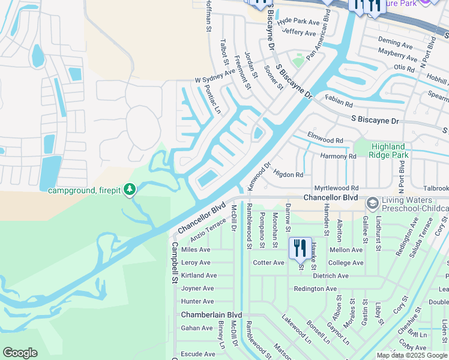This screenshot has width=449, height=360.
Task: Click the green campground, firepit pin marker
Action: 130,190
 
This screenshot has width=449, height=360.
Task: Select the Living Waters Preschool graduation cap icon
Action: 372,204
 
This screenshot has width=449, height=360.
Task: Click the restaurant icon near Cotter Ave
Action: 300,247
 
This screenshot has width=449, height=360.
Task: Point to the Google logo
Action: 20,353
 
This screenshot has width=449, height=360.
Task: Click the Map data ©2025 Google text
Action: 412,355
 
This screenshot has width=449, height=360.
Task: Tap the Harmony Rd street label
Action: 338,156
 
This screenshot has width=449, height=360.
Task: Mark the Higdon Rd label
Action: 288,174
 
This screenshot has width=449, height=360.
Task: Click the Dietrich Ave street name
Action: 330,276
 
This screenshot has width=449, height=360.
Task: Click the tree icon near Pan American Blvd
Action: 298,60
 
